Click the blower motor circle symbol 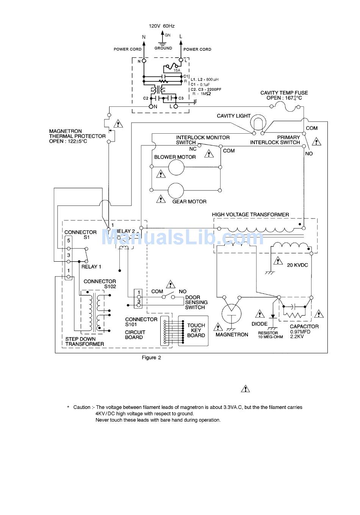coord(176,167)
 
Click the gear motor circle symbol coord(176,190)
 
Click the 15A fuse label coord(177,70)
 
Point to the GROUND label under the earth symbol coord(163,48)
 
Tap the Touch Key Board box coord(196,330)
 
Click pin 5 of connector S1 coord(69,240)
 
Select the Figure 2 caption coord(151,357)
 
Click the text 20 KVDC coord(297,265)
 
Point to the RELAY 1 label coord(91,267)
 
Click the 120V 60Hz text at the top coord(162,26)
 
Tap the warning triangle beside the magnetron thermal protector coord(119,123)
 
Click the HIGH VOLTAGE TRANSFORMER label coord(250,214)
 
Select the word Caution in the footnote coord(82,407)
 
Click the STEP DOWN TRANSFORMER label coord(85,342)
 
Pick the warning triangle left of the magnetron coord(218,326)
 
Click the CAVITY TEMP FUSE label coord(284,93)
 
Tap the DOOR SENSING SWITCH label coord(196,302)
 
